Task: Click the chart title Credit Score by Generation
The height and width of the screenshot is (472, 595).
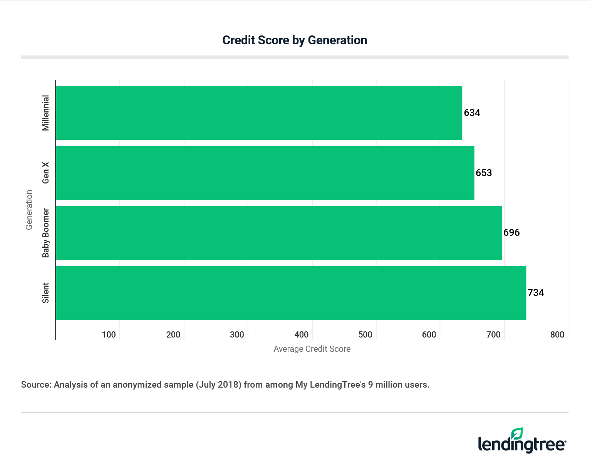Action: pos(295,40)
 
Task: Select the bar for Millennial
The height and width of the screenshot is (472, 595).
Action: pos(259,113)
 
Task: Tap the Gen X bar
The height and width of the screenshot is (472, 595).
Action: pos(265,173)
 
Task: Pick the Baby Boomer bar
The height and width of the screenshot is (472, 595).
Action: pos(279,233)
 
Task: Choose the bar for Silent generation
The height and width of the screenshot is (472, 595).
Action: pos(291,293)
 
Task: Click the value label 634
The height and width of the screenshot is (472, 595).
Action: pos(472,113)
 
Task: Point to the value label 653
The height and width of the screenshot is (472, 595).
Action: pos(484,173)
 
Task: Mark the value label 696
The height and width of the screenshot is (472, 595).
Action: pos(511,233)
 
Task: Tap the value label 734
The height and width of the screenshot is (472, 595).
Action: pos(536,293)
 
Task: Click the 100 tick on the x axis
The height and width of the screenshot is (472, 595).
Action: pos(109,334)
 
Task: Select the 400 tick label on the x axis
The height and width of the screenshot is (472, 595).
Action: pos(301,334)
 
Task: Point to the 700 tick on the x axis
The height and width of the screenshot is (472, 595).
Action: pos(493,334)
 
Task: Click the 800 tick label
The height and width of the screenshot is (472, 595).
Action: pos(557,334)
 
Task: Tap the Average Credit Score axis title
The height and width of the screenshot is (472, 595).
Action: pos(312,349)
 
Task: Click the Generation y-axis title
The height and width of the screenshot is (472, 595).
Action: pos(29,210)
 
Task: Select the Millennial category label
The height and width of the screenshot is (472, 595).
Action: pos(46,113)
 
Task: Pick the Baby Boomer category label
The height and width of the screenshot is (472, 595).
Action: pos(46,233)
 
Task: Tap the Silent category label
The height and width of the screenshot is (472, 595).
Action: pos(46,293)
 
